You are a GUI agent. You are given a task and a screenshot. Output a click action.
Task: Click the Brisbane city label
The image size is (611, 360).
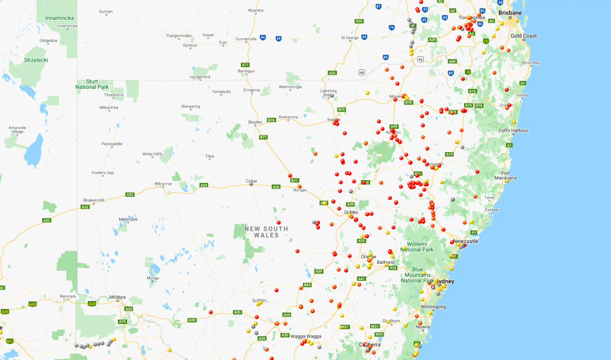(510, 13)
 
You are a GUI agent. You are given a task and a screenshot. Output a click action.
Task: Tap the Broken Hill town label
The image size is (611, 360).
(94, 200)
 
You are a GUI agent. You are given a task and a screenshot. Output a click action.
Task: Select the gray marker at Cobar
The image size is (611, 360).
(251, 184)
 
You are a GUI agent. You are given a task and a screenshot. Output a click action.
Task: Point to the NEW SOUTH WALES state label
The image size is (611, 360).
(266, 232)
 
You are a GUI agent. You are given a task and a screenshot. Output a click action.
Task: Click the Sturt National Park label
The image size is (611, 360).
(92, 84)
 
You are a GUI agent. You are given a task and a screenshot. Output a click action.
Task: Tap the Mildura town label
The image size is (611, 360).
(117, 297)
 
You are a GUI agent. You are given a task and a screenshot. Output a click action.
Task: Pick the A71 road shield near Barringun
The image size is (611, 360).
(246, 65)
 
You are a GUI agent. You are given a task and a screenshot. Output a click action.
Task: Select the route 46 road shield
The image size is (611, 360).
(362, 72)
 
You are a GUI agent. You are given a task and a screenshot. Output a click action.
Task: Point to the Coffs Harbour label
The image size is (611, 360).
(513, 131)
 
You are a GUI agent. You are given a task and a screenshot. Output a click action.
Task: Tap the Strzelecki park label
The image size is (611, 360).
(36, 60)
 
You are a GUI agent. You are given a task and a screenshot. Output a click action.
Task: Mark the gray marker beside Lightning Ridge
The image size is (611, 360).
(332, 95)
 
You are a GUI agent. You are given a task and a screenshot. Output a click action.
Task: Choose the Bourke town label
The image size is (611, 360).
(255, 122)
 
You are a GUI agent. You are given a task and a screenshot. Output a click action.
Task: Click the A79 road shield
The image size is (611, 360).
(122, 322)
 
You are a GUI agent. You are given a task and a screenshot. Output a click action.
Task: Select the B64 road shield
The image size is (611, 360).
(307, 285)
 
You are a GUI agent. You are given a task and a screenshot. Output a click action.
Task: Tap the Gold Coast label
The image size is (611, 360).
(524, 36)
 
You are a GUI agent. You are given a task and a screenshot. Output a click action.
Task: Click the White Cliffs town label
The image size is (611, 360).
(153, 154)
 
